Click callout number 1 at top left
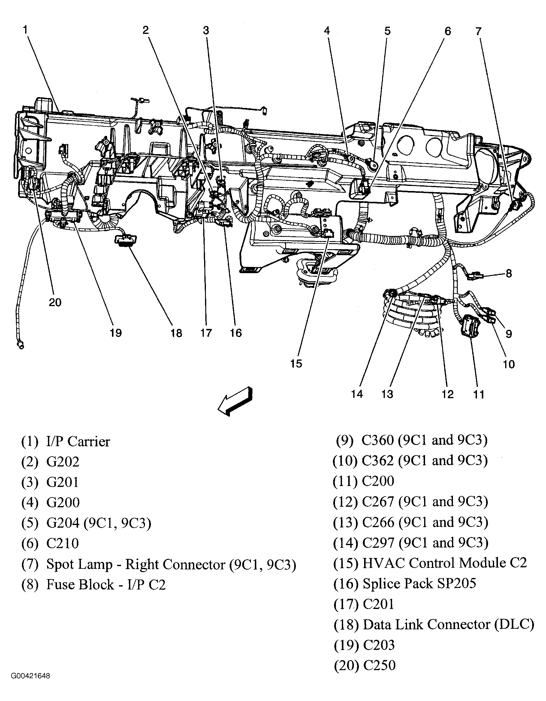click(x=25, y=30)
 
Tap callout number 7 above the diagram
click(x=478, y=31)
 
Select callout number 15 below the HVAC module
click(x=296, y=364)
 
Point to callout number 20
click(x=55, y=302)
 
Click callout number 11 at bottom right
click(x=478, y=395)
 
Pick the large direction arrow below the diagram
click(x=235, y=402)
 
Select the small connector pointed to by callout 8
click(x=475, y=275)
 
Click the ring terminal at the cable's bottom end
click(x=20, y=345)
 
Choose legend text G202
click(x=63, y=462)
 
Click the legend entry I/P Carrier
click(x=78, y=441)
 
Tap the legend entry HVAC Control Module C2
click(x=445, y=563)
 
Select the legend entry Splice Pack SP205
click(x=419, y=583)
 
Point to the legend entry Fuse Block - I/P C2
click(x=106, y=584)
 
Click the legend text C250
click(x=379, y=665)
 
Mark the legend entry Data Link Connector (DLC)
click(x=448, y=624)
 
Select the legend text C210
click(x=63, y=543)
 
